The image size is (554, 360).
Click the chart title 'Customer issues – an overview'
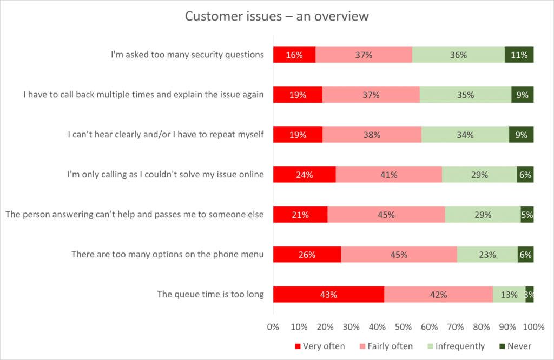(276, 16)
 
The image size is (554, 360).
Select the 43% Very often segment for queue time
(328, 295)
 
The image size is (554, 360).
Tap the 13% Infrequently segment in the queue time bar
(509, 295)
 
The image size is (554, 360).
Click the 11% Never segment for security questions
(519, 55)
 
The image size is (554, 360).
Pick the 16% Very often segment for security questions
(294, 55)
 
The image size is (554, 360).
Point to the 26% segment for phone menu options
(307, 255)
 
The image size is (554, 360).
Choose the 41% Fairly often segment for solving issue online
(388, 175)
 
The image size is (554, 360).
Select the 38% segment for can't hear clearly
(372, 135)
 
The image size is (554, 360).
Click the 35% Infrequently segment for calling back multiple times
(465, 95)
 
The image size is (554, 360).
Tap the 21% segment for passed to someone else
(300, 215)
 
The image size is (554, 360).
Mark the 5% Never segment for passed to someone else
(527, 215)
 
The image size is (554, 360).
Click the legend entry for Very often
(319, 346)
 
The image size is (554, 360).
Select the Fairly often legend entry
(385, 346)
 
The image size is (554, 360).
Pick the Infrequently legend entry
(454, 346)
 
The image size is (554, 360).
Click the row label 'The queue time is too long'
(210, 295)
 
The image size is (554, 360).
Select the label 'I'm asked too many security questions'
(187, 55)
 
